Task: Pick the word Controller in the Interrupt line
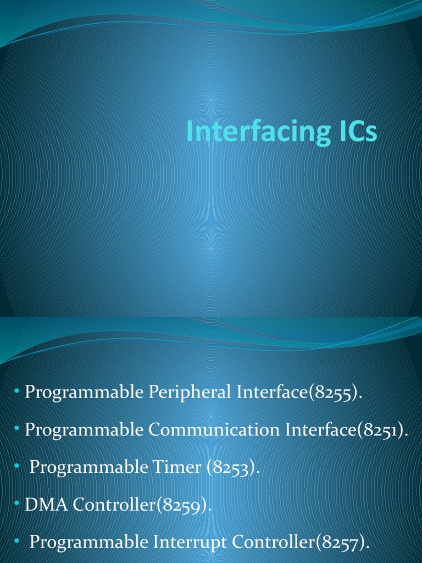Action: (274, 542)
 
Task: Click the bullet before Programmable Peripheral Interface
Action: (17, 392)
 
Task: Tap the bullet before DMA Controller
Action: (17, 504)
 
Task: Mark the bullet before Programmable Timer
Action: (17, 467)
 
